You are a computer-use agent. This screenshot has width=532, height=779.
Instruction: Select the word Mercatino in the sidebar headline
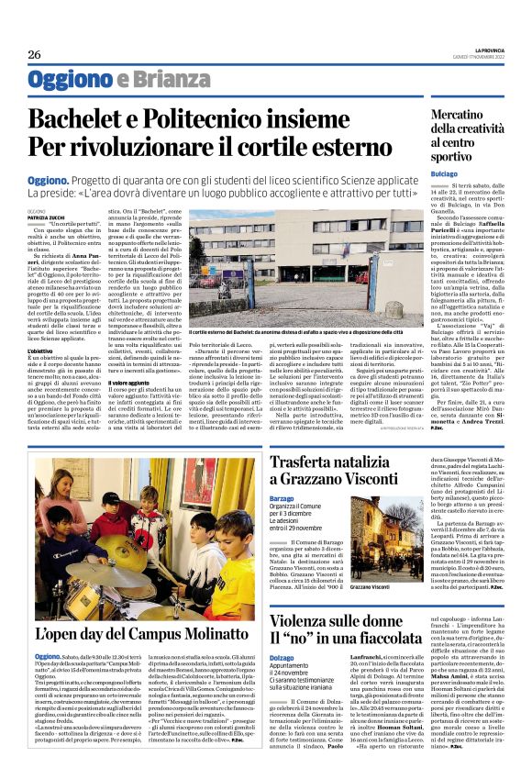click(487, 117)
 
